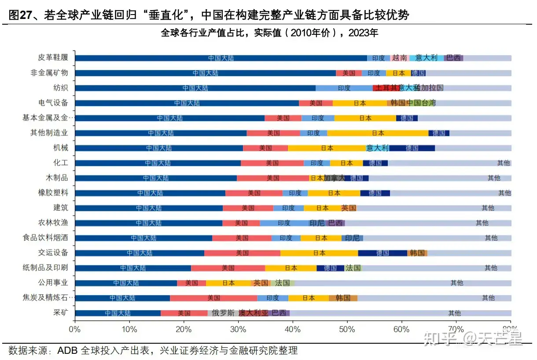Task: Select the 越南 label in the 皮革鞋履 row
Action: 399,58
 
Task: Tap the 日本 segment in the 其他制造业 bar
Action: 378,133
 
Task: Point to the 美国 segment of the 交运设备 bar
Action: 242,253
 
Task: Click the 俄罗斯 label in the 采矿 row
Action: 223,313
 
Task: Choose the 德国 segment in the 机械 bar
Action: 412,148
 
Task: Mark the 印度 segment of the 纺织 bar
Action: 344,88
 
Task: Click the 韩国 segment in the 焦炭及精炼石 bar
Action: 343,298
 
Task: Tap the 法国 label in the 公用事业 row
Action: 282,283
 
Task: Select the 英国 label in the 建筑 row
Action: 349,208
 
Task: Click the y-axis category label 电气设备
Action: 54,103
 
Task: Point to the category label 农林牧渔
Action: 54,223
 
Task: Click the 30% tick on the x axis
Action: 238,329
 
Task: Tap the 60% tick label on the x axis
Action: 401,329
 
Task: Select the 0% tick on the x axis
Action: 75,329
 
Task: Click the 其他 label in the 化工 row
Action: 504,163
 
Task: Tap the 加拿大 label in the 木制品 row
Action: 335,178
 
